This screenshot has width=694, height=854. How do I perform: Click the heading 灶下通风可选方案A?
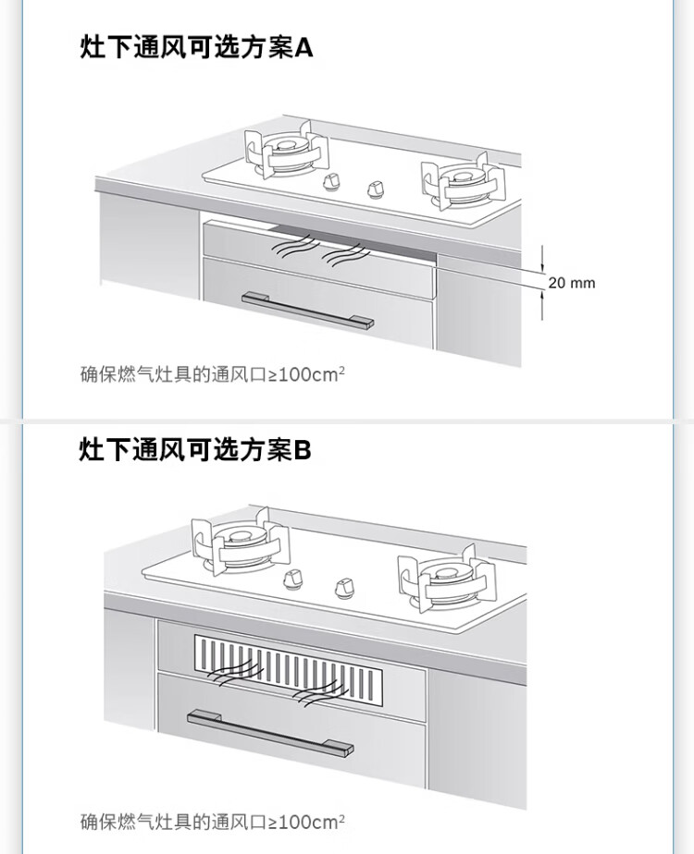[x=196, y=47]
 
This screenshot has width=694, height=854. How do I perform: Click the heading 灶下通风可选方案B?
[x=195, y=450]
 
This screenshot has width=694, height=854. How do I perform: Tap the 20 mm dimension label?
[x=571, y=283]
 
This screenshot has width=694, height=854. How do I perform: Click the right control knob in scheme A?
[x=376, y=189]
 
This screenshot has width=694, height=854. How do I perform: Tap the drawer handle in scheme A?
[x=307, y=310]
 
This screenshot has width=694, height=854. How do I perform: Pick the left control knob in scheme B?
[x=295, y=579]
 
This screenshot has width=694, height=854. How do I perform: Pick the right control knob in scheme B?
[x=344, y=588]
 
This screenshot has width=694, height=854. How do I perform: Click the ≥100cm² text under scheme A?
[x=306, y=374]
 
